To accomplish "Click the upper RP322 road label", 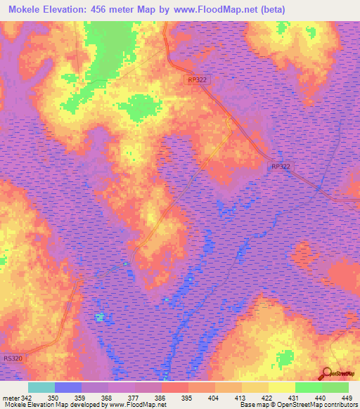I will (x=198, y=80).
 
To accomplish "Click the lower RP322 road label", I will (x=279, y=167).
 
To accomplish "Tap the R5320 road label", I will (x=12, y=358).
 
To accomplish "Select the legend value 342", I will (x=27, y=398).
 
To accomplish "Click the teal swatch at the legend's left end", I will (x=41, y=387).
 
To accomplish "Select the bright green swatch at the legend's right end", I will (x=335, y=387).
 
